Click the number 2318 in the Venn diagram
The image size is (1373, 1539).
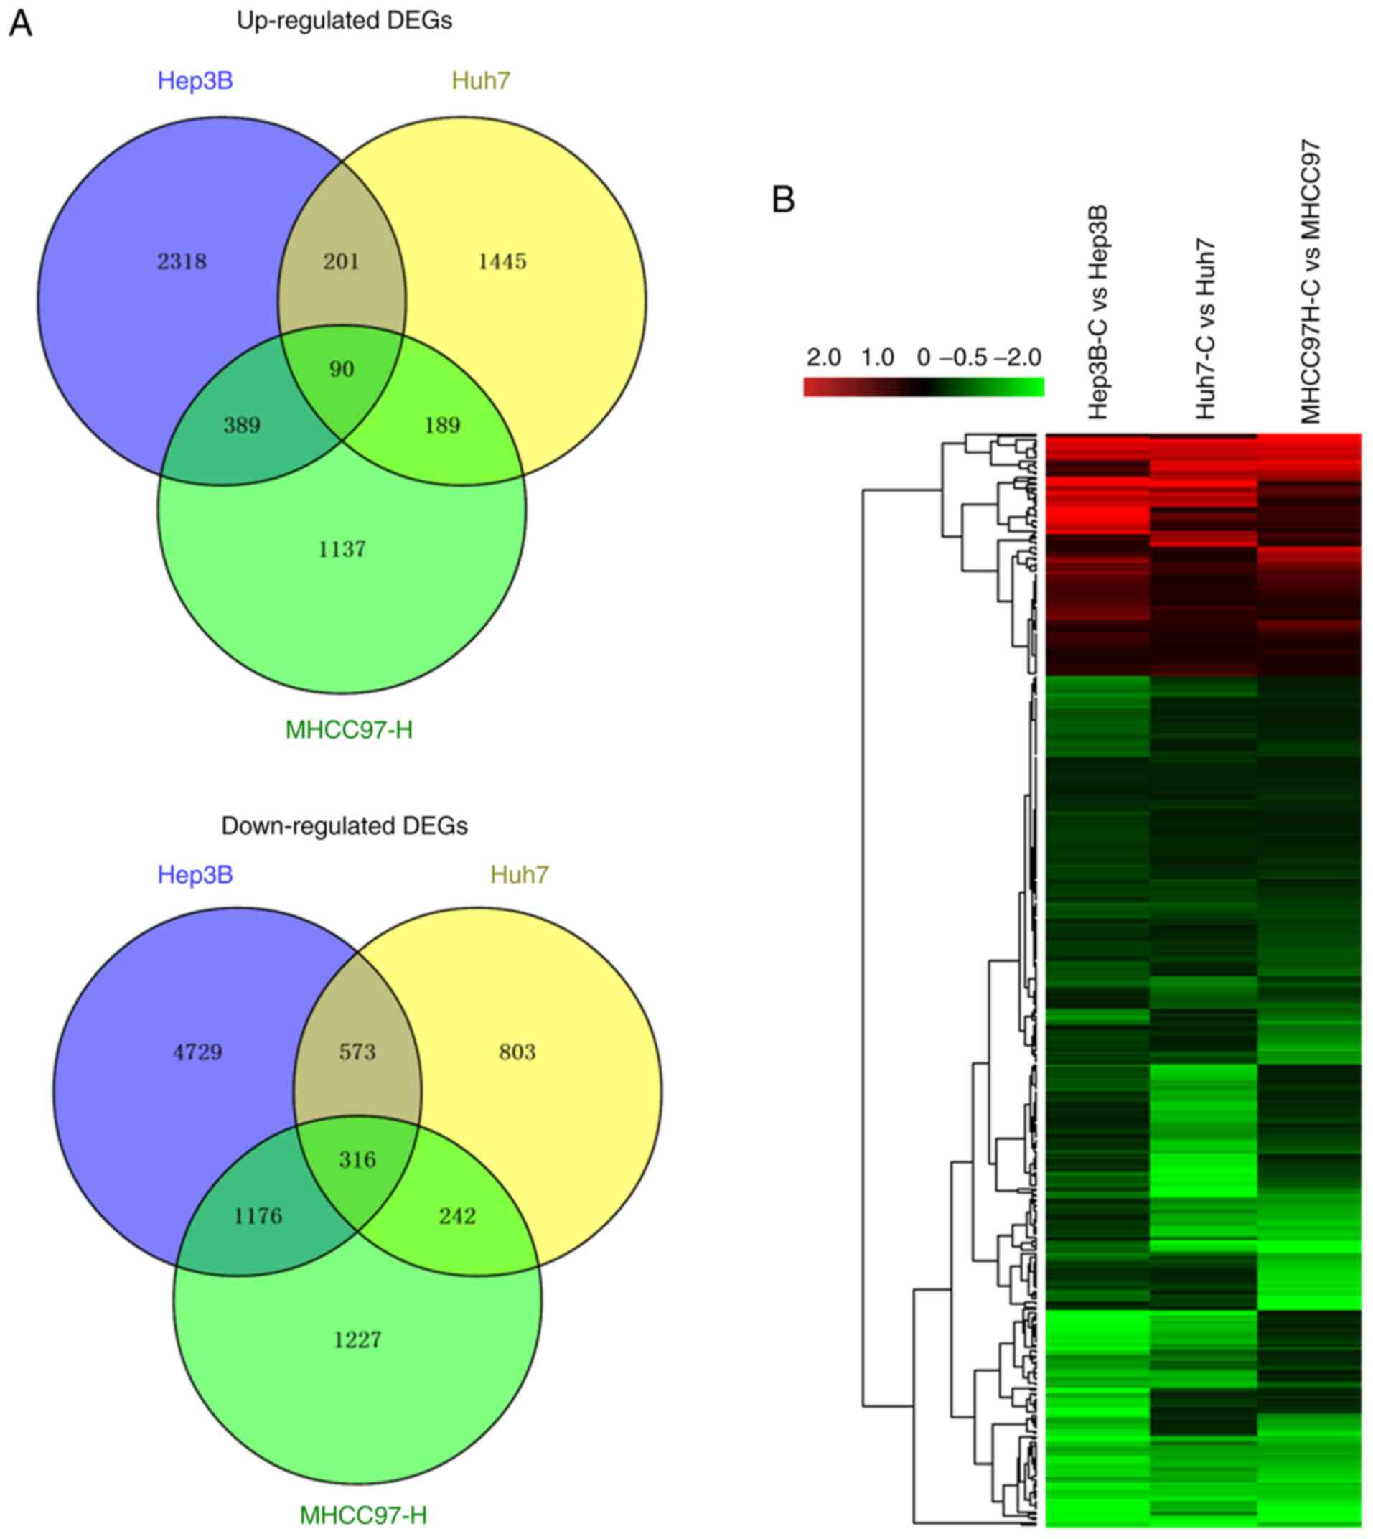[x=182, y=262]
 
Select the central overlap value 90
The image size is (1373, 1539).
[x=342, y=370]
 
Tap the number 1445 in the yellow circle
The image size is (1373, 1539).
[x=502, y=262]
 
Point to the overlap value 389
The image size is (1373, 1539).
[x=242, y=426]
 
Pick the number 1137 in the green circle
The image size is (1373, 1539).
[x=342, y=549]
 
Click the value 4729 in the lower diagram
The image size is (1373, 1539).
[x=197, y=1052]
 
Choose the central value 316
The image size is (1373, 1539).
[x=357, y=1159]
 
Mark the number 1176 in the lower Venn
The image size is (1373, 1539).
[x=258, y=1216]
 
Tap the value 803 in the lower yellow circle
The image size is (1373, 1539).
[x=517, y=1052]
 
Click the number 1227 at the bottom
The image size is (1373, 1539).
[x=357, y=1340]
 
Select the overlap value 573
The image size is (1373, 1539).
[x=357, y=1052]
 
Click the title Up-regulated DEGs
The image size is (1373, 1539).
[x=345, y=21]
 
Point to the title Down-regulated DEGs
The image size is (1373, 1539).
[x=345, y=826]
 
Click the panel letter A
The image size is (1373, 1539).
[x=20, y=24]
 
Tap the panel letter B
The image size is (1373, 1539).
[x=784, y=201]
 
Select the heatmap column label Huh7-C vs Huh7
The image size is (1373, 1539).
[x=1206, y=329]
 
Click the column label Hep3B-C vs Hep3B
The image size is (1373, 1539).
[x=1097, y=312]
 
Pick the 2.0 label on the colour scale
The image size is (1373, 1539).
[x=824, y=357]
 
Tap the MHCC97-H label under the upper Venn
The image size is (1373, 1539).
[x=350, y=730]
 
